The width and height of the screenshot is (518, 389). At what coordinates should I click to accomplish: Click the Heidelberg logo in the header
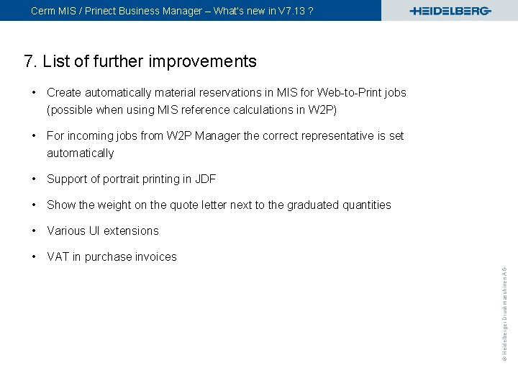(x=450, y=11)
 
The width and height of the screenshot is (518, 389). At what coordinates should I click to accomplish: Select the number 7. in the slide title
(x=30, y=61)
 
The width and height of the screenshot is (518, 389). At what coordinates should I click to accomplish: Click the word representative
(x=339, y=135)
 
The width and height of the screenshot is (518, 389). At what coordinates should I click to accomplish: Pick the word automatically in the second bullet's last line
(x=80, y=153)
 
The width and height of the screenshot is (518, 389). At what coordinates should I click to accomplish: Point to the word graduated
(x=312, y=205)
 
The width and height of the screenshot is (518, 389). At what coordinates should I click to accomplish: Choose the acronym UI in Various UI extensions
(x=94, y=231)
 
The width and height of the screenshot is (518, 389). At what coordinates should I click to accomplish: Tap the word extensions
(x=131, y=231)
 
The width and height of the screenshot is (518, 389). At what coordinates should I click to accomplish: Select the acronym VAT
(x=58, y=256)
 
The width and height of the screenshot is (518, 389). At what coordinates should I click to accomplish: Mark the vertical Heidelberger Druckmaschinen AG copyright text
(x=505, y=303)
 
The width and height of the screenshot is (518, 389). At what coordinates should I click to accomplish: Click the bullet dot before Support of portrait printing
(x=35, y=179)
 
